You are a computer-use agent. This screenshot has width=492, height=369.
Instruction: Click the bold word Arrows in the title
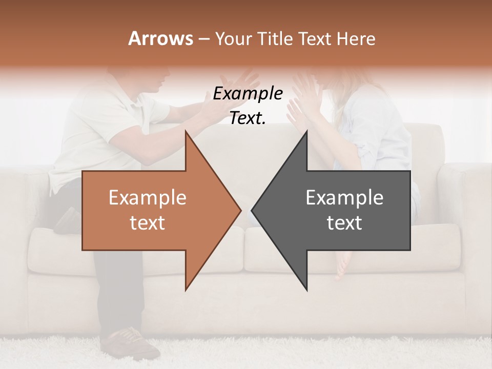click(x=160, y=38)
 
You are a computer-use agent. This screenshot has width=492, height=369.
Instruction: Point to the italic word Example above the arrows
click(x=248, y=94)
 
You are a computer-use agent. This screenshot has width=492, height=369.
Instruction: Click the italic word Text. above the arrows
click(x=248, y=118)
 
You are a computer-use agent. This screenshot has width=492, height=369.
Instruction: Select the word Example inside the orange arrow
click(x=147, y=198)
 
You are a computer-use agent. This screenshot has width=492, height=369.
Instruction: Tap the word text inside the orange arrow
click(x=147, y=223)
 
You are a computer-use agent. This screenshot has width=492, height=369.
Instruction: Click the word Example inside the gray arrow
click(x=344, y=198)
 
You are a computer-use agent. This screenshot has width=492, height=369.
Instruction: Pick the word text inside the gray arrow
click(x=344, y=223)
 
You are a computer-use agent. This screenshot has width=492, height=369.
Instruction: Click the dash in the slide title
click(x=203, y=39)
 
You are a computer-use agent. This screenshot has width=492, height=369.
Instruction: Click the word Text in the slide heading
click(x=316, y=38)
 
